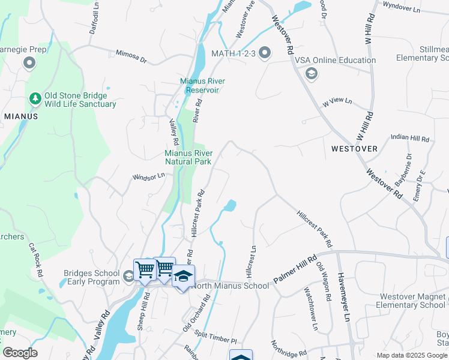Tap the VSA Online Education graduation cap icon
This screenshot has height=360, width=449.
[311, 74]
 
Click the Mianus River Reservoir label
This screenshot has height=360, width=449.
[199, 85]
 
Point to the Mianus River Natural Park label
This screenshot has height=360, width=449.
[188, 157]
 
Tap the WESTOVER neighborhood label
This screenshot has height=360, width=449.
[354, 148]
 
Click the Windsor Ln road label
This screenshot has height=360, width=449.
[148, 177]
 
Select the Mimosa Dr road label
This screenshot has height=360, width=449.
[131, 56]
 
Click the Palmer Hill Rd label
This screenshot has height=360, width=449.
[295, 271]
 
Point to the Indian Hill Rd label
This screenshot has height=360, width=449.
[410, 138]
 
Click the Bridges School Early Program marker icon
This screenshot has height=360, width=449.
[128, 277]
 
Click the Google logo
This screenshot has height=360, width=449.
[20, 353]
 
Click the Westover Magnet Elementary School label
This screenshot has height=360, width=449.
[412, 301]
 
